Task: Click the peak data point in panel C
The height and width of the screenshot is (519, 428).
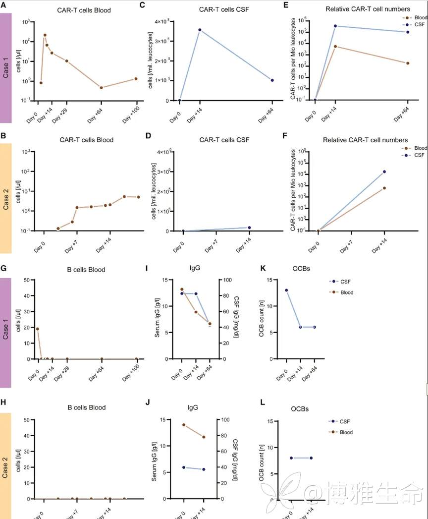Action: tap(200, 30)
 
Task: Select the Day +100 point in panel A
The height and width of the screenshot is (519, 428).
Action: tap(136, 79)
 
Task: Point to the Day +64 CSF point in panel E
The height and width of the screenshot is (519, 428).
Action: tap(408, 32)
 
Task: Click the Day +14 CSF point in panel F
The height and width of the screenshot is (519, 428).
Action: tap(384, 172)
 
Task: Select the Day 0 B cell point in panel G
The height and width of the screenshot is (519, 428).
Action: tap(38, 329)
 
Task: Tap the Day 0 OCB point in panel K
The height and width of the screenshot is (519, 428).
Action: tap(286, 290)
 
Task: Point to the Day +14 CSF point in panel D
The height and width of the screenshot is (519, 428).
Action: tap(249, 228)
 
